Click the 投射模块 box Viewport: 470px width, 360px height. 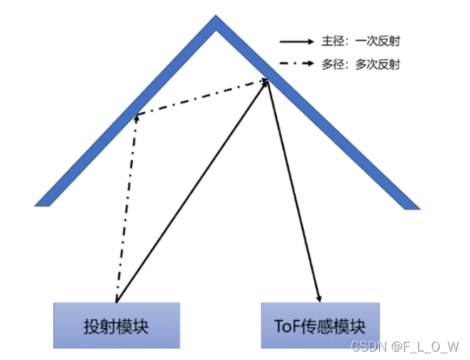(x=117, y=325)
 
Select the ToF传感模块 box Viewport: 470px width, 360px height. (x=320, y=325)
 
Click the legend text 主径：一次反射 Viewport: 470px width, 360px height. (x=366, y=41)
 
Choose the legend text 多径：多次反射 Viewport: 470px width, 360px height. (x=366, y=64)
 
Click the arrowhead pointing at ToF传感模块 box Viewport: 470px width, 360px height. (x=319, y=297)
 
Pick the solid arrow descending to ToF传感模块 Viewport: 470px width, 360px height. (x=295, y=192)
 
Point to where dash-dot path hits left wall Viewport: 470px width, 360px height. (x=135, y=116)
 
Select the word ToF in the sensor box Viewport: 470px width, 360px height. (x=286, y=327)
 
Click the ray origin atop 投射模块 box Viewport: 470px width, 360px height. (x=115, y=301)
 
